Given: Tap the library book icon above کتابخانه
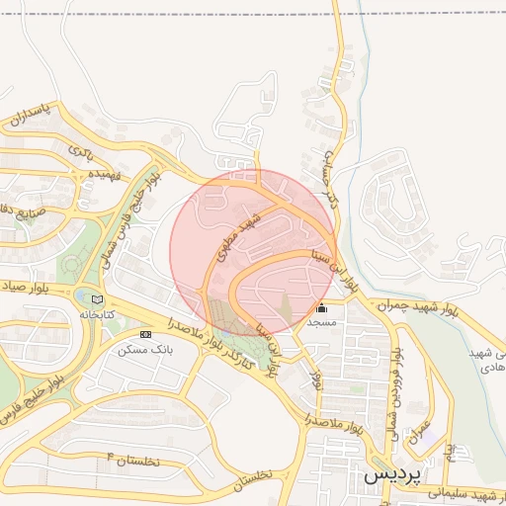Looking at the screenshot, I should tap(96, 298).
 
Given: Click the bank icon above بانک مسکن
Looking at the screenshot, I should tap(146, 334).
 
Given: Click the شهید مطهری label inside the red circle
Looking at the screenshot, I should tap(241, 233).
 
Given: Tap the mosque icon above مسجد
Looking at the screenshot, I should tap(321, 307).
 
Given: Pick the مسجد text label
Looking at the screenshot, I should tap(321, 322).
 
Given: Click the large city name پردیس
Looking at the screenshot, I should tap(391, 473).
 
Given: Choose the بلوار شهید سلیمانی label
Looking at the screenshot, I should tap(464, 493).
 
